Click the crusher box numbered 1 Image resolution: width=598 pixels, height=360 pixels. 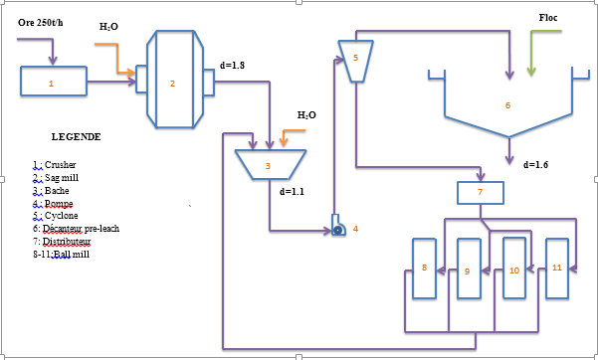point(53,83)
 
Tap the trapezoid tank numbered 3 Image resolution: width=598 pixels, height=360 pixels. point(268,164)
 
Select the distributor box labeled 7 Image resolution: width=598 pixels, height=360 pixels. point(480,191)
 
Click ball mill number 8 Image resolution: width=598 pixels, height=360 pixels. point(425,269)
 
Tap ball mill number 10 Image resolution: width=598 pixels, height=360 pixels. point(513,269)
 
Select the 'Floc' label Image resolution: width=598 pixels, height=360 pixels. point(548,18)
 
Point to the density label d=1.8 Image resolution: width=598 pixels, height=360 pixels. point(232,66)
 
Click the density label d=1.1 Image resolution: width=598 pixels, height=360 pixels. point(295,190)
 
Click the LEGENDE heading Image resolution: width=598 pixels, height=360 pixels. point(76,136)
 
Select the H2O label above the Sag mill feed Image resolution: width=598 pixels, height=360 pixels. point(109,27)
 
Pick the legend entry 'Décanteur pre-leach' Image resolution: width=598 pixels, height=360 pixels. point(81,228)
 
